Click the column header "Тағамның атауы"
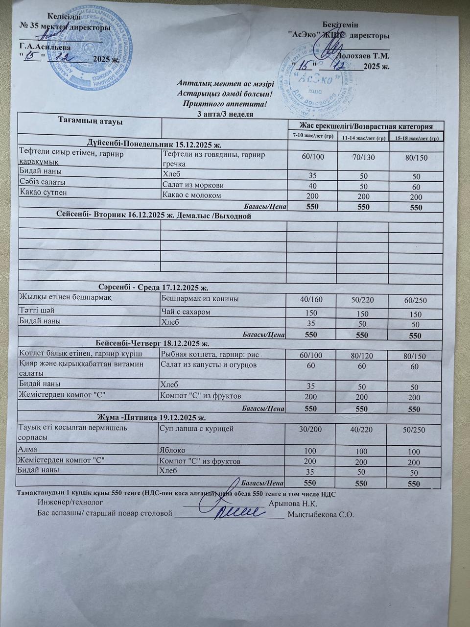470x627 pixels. [x=91, y=121]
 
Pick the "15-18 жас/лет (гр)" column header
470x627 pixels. [x=416, y=137]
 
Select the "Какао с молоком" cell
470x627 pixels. [x=191, y=195]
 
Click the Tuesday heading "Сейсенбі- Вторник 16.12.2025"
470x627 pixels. [x=151, y=216]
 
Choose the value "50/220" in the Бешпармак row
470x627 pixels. [x=363, y=299]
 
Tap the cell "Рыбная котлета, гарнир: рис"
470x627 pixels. [x=210, y=354]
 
